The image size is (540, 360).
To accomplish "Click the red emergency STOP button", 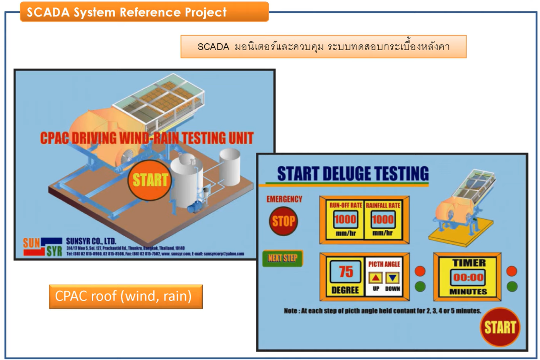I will (x=283, y=221).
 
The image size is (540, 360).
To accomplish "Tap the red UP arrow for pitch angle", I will (x=375, y=277).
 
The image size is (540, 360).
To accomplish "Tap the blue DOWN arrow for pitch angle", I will (x=393, y=277).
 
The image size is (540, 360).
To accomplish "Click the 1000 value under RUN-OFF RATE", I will (x=345, y=220).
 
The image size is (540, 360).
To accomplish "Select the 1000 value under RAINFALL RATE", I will (x=383, y=220).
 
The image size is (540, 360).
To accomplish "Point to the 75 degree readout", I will (x=345, y=271).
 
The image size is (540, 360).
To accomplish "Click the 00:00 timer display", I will (x=468, y=277).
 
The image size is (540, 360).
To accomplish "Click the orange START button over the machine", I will (x=150, y=180).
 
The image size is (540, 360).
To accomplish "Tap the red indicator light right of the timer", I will (x=512, y=271).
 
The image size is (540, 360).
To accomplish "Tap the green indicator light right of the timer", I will (x=512, y=287).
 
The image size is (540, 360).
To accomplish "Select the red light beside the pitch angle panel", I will (x=420, y=271).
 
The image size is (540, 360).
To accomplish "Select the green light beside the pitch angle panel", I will (x=420, y=287).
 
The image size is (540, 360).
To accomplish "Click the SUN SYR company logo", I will (x=42, y=247).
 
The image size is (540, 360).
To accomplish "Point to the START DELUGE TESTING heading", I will (x=352, y=174).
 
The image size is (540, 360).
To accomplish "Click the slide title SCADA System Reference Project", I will (x=126, y=12).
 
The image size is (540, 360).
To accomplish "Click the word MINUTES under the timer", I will (x=468, y=292).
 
